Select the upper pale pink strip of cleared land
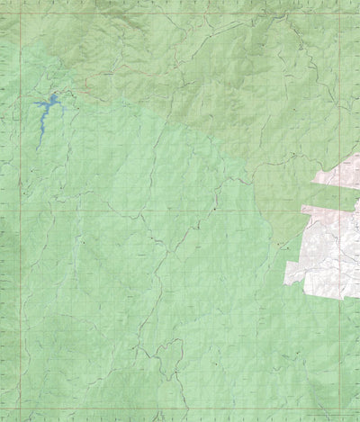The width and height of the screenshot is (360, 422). tap(337, 175)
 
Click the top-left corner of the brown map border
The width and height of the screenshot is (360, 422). tap(2, 13)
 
